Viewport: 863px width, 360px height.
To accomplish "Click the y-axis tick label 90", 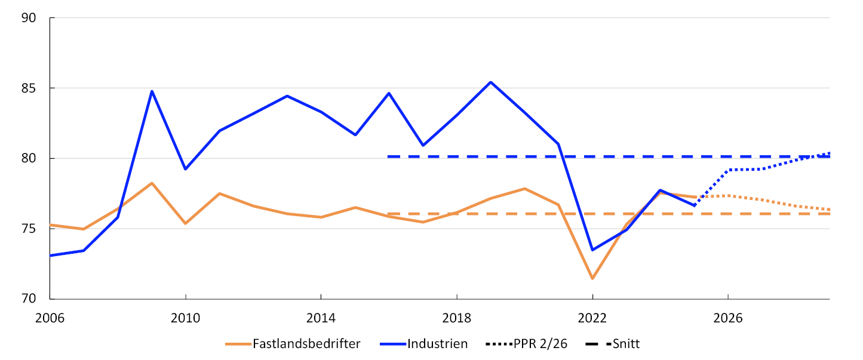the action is pos(29,18).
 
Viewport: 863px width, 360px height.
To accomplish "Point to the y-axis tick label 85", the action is pos(29,88).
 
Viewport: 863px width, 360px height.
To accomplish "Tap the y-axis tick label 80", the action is pos(29,158).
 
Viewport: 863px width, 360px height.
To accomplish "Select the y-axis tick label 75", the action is pos(29,229).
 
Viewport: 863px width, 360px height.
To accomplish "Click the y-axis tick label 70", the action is pos(29,299).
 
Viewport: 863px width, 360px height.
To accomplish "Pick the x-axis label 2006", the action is pos(50,318).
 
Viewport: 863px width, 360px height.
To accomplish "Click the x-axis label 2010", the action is pos(185,318).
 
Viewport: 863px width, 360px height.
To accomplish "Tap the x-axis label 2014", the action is pos(321,318).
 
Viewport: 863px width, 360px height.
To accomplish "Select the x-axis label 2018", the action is pos(456,318).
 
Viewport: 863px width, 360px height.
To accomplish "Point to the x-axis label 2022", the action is pos(592,318).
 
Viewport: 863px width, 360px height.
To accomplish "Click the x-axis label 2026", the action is pos(728,318).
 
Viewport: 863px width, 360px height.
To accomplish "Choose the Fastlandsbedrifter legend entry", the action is pos(293,344).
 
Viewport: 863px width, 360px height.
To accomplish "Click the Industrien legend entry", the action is pos(424,344).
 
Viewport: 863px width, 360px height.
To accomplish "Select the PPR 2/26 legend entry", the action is pos(527,344).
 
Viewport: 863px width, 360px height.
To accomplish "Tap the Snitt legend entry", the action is pos(613,344).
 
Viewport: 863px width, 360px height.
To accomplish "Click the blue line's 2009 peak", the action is pos(152,91).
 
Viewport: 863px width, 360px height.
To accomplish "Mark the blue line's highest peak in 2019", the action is pos(490,82).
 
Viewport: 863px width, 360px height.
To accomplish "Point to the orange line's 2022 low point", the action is pos(592,278).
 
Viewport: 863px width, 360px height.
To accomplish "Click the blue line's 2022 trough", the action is pos(592,250).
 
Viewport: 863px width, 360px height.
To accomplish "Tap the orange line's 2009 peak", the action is pos(152,183).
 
